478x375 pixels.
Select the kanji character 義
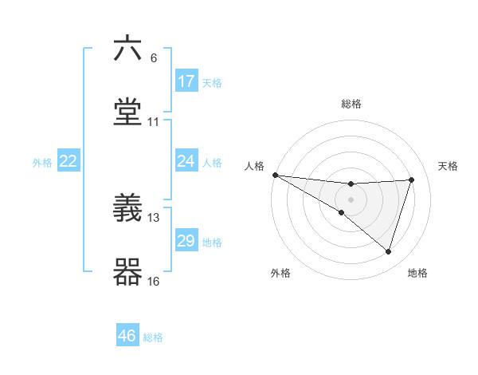127,208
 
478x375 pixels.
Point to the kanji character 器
127,271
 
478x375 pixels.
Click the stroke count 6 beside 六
154,58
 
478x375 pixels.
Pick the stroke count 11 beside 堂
154,122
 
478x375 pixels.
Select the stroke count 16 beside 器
154,281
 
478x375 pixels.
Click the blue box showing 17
186,81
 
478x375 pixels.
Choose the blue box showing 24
186,161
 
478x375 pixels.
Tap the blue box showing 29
186,241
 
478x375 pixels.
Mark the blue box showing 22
69,161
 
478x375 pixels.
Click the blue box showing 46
127,336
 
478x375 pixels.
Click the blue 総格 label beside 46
153,337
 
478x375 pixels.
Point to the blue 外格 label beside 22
42,163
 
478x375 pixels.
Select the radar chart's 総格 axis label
351,104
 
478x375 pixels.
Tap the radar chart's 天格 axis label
449,166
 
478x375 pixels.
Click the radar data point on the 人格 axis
275,175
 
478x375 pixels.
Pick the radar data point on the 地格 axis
389,251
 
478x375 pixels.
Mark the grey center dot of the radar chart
351,199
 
